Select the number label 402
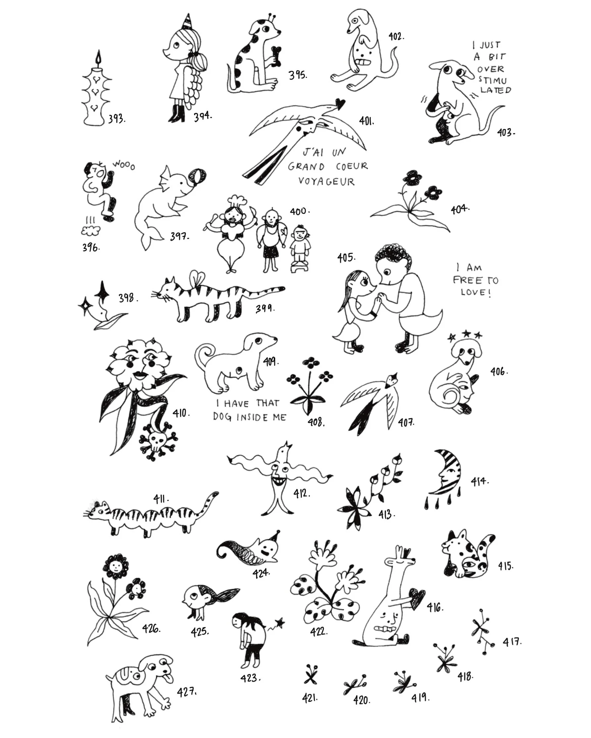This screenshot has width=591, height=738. click(x=396, y=36)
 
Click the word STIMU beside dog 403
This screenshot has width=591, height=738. click(x=492, y=81)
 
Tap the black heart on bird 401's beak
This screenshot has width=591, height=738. click(x=340, y=104)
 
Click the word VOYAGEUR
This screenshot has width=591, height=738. click(x=326, y=181)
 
